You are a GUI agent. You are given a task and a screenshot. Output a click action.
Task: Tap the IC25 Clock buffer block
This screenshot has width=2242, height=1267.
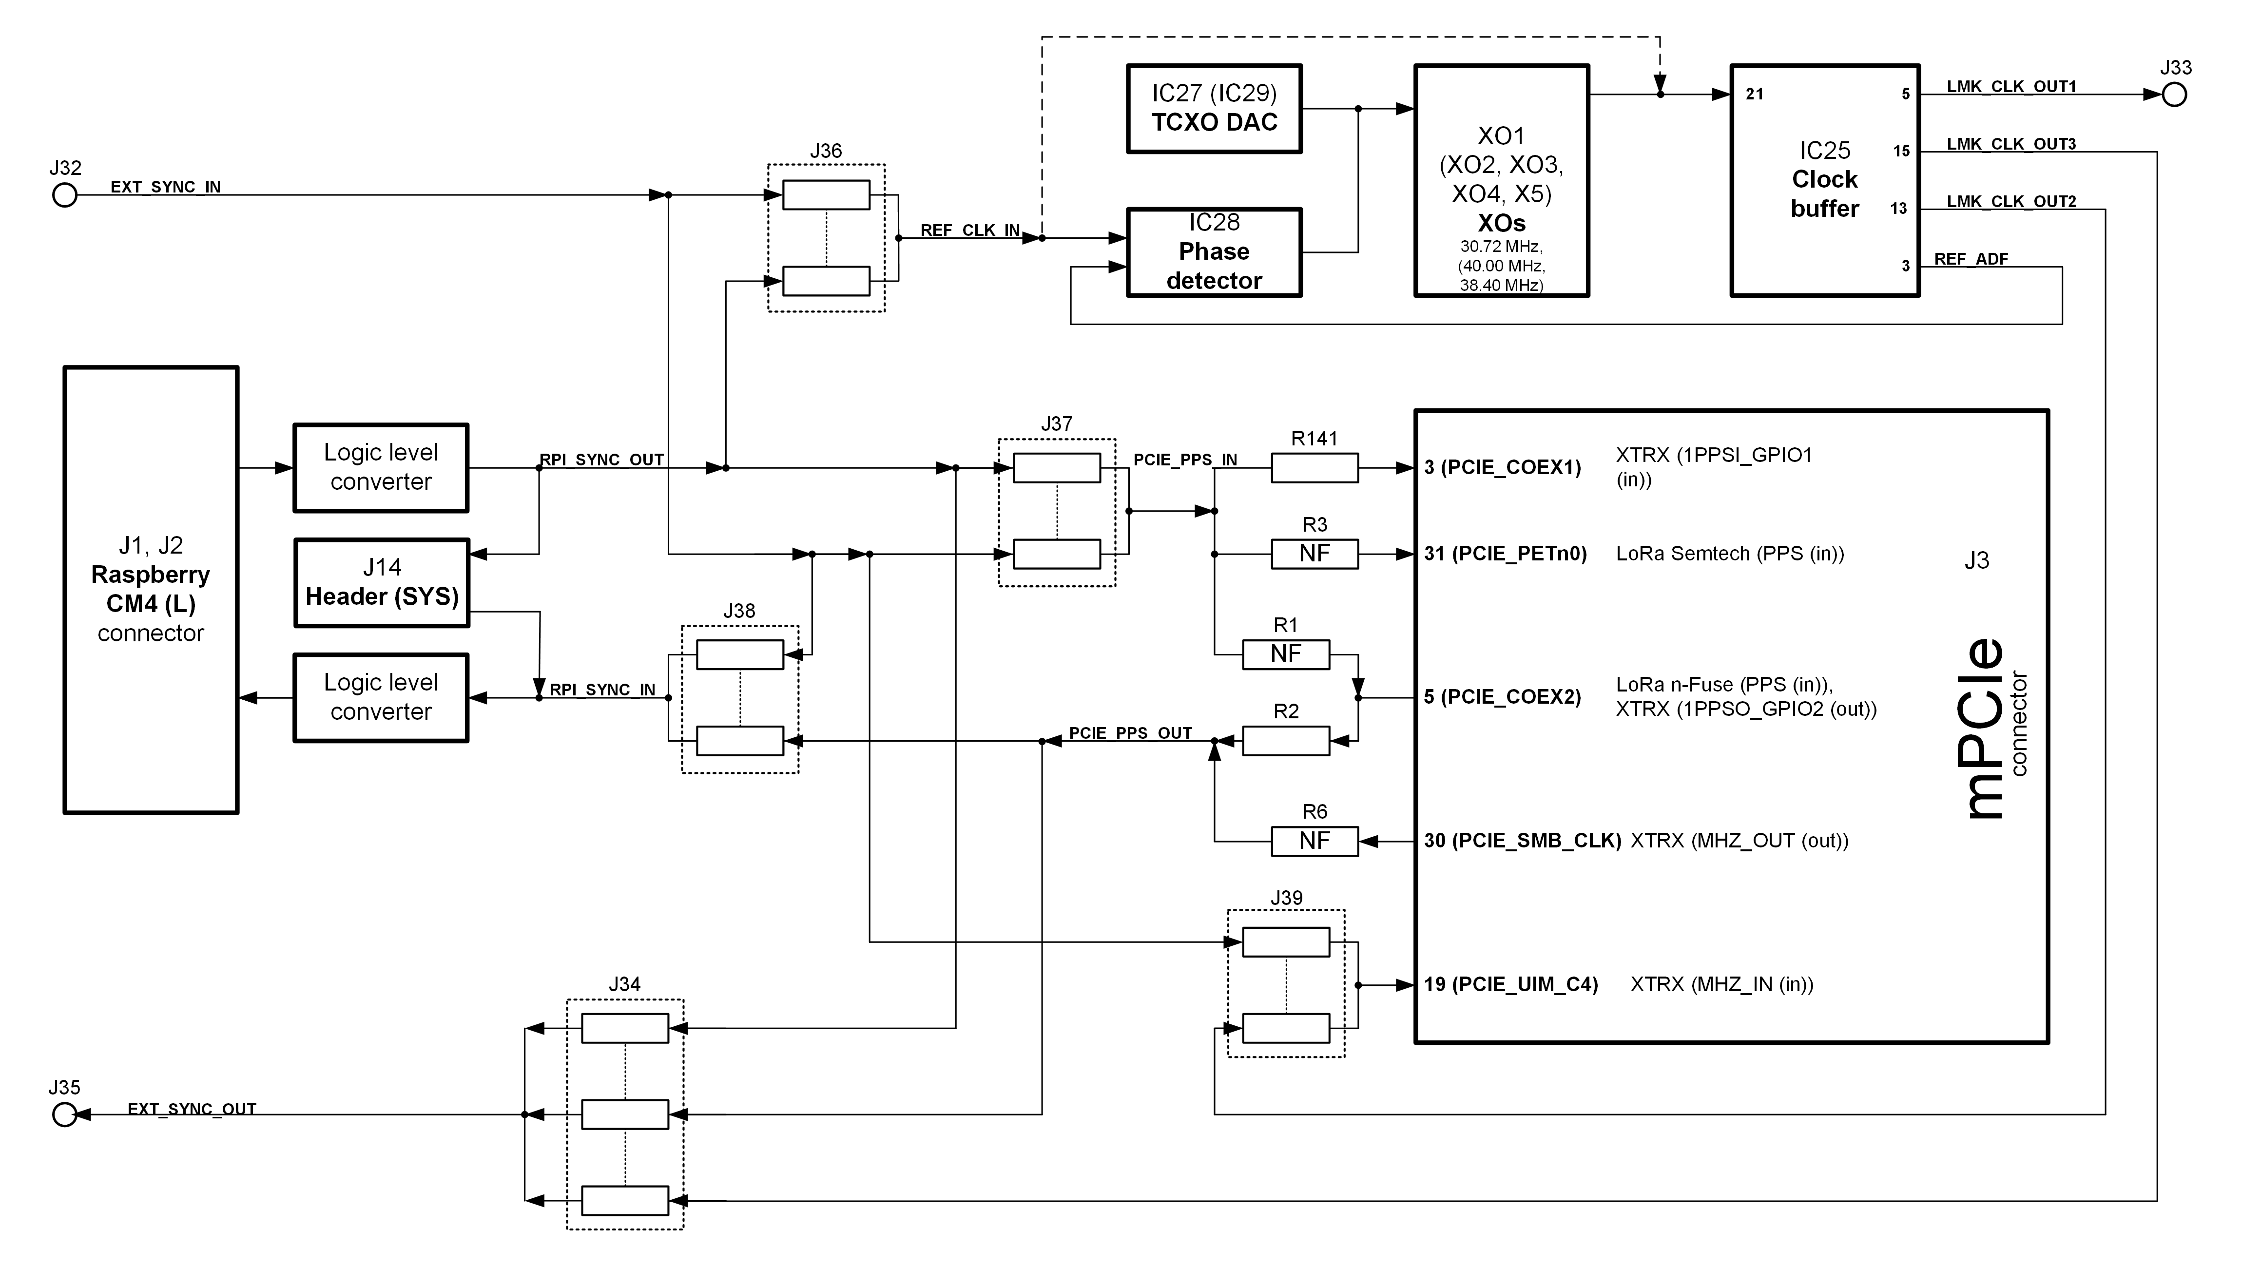pyautogui.click(x=1824, y=180)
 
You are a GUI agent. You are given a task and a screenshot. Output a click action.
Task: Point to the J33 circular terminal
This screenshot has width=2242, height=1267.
pyautogui.click(x=2174, y=95)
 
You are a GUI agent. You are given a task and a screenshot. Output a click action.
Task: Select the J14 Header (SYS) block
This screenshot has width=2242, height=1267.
pyautogui.click(x=381, y=582)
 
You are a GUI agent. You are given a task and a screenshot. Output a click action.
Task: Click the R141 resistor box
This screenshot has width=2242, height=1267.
pyautogui.click(x=1314, y=468)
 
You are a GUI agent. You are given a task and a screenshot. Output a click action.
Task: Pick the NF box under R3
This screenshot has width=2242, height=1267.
pyautogui.click(x=1314, y=554)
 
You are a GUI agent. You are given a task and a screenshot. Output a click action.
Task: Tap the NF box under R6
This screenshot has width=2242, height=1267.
pyautogui.click(x=1314, y=841)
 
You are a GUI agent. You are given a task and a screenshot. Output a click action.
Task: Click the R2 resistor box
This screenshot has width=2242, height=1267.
pyautogui.click(x=1286, y=741)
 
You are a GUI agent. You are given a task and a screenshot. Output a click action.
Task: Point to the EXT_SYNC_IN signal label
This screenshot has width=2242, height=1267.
pyautogui.click(x=165, y=186)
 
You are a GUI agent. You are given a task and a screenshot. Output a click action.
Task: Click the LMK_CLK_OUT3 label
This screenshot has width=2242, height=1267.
pyautogui.click(x=2010, y=144)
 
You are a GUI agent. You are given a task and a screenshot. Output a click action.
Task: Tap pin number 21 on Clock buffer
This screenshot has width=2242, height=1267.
pyautogui.click(x=1755, y=94)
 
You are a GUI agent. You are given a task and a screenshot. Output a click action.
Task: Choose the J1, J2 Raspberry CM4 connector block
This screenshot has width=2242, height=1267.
pyautogui.click(x=151, y=589)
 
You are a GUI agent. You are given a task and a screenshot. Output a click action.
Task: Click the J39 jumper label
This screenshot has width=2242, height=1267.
pyautogui.click(x=1286, y=897)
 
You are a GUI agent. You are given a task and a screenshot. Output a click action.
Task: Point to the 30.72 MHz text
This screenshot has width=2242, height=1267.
pyautogui.click(x=1501, y=246)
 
